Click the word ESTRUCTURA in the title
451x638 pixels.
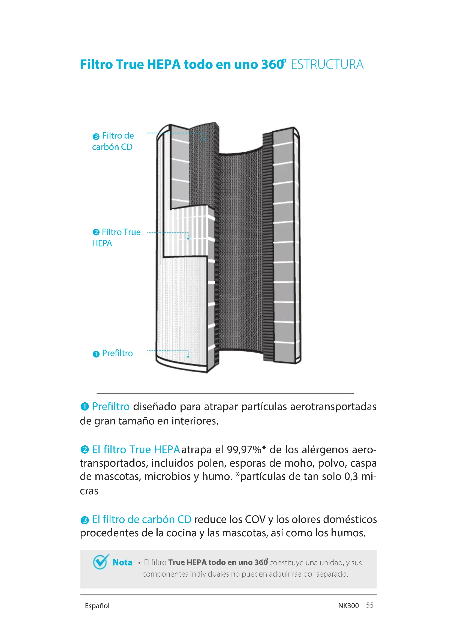[x=327, y=64]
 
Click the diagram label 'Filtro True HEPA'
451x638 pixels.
[x=117, y=238]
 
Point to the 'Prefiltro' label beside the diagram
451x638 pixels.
[x=117, y=353]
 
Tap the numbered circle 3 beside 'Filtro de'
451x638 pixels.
[x=96, y=136]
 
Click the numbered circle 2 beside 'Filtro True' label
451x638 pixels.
[x=96, y=232]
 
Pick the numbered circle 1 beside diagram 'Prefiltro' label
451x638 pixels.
[x=96, y=354]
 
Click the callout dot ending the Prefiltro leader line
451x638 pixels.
[x=188, y=357]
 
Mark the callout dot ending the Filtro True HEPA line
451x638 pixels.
[x=188, y=238]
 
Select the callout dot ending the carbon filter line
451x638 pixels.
[x=205, y=139]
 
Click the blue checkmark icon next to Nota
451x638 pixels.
[x=101, y=562]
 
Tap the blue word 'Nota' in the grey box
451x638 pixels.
[x=122, y=562]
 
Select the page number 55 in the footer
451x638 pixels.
[x=370, y=605]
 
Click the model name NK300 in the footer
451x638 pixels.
[x=348, y=606]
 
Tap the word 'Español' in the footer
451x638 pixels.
[x=97, y=606]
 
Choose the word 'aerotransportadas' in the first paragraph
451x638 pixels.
[x=333, y=406]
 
